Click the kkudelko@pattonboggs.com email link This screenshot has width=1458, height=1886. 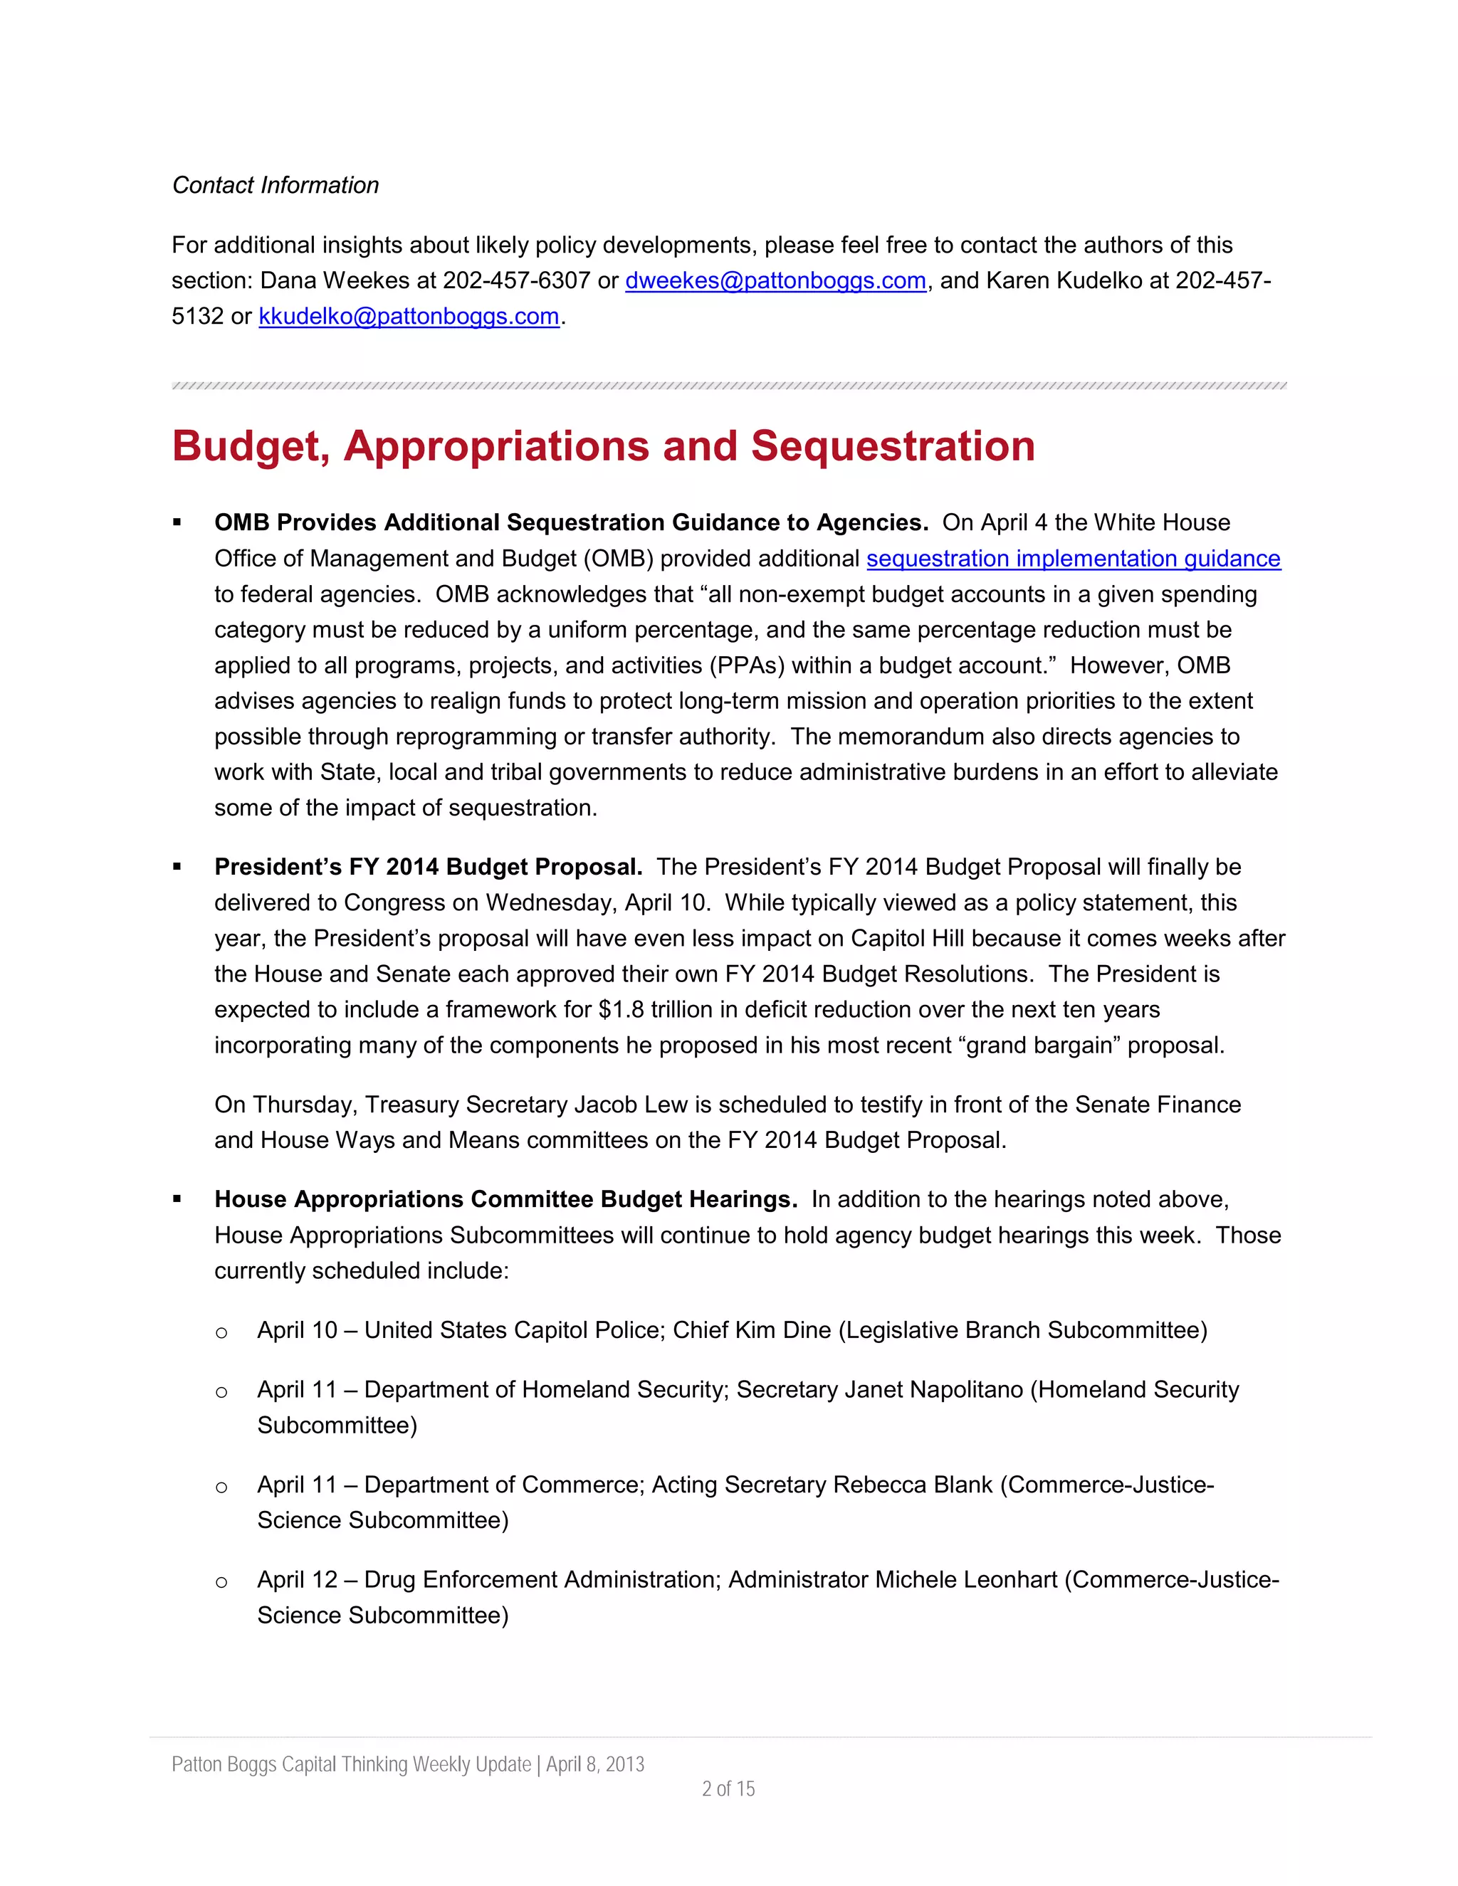click(x=409, y=316)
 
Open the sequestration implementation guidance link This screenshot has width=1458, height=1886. click(x=1073, y=559)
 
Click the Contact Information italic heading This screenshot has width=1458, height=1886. click(x=276, y=185)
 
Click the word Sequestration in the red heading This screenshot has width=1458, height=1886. click(x=892, y=446)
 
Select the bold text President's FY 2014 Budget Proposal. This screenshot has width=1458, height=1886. click(x=428, y=867)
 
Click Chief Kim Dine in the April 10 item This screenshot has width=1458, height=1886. click(x=752, y=1330)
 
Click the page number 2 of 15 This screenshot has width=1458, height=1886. click(x=728, y=1788)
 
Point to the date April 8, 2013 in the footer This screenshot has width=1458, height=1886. click(x=595, y=1764)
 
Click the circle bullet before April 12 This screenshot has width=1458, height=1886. click(x=222, y=1582)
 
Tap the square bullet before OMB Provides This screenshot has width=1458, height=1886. click(x=177, y=522)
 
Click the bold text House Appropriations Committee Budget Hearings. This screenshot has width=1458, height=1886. click(x=505, y=1199)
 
